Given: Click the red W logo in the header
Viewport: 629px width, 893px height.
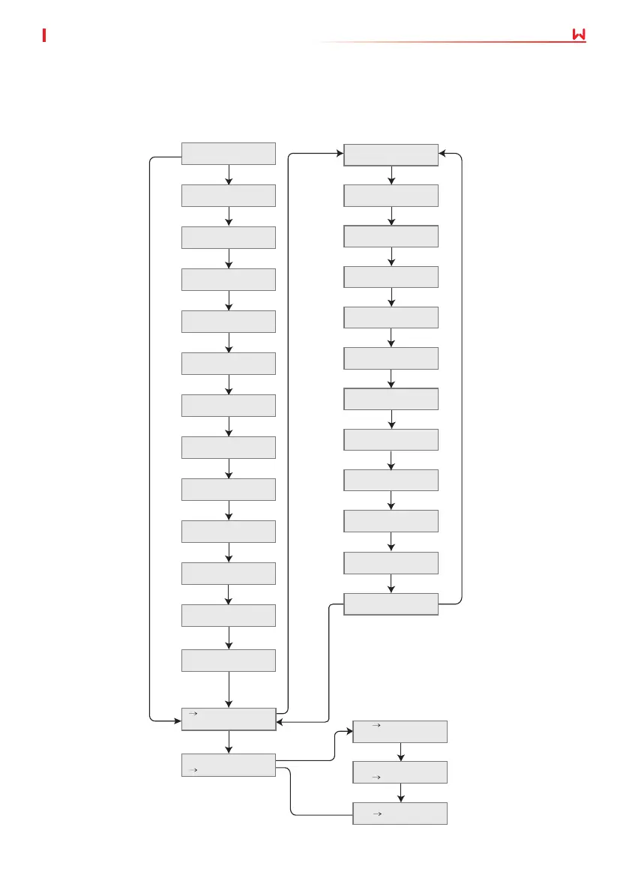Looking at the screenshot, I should (x=577, y=35).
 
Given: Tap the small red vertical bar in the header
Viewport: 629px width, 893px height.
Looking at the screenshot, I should (x=45, y=35).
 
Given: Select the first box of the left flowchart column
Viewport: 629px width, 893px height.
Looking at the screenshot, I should (x=229, y=154).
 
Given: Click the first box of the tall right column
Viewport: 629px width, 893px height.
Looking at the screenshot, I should (x=391, y=155).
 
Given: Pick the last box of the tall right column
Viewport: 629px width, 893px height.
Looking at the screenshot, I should (x=391, y=604).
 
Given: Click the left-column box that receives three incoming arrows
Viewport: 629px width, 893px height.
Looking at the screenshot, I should (x=229, y=719).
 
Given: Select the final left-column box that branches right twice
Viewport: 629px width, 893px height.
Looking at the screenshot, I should (x=229, y=765).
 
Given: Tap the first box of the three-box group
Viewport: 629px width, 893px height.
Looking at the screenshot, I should (x=400, y=732).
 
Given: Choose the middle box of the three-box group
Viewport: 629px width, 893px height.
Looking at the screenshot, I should (x=400, y=772).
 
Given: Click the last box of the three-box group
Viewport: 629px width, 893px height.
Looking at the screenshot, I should (x=400, y=814).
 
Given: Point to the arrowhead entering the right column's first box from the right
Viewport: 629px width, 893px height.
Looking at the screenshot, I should (x=443, y=154).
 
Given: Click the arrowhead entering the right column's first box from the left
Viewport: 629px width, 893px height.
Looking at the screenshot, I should (x=339, y=154).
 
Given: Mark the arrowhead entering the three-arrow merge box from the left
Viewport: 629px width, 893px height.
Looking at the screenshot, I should (x=178, y=721).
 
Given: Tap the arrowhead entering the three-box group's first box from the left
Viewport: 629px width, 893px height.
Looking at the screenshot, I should (x=348, y=727).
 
